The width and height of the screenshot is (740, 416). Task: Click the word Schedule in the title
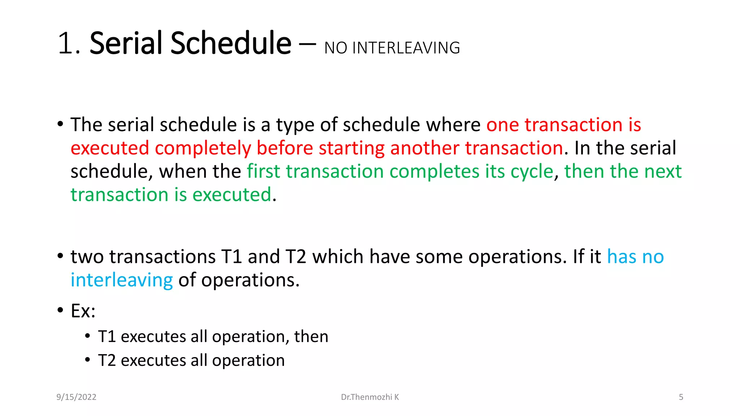[x=231, y=44]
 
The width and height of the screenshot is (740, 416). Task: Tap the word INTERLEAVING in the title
[x=406, y=48]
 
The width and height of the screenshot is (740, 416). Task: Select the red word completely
[x=203, y=148]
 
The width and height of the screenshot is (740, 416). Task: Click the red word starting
[x=352, y=148]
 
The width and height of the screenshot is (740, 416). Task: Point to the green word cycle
[x=532, y=172]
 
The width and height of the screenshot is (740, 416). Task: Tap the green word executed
[x=232, y=195]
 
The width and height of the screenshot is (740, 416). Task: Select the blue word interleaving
[x=122, y=280]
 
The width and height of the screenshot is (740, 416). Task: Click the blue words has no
[x=635, y=257]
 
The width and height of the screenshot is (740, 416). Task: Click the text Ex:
[x=83, y=311]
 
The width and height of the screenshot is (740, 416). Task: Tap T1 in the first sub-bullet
[x=107, y=337]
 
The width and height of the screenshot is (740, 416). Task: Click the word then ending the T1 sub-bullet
[x=311, y=337]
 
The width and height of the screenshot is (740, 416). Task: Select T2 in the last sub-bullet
[x=107, y=360]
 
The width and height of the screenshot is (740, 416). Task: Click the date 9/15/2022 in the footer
[x=76, y=397]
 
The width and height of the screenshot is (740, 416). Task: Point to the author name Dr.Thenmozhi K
[x=370, y=397]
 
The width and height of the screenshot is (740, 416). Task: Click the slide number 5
[x=681, y=397]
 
